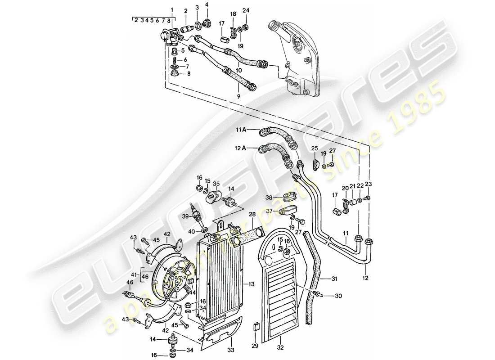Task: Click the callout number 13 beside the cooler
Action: [251, 285]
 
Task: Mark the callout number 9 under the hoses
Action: [238, 96]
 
